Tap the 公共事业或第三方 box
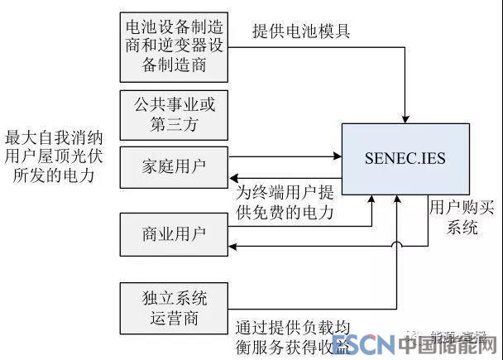pyautogui.click(x=173, y=114)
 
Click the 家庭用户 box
pyautogui.click(x=173, y=166)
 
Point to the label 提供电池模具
pyautogui.click(x=301, y=32)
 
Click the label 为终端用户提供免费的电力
pyautogui.click(x=285, y=203)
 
